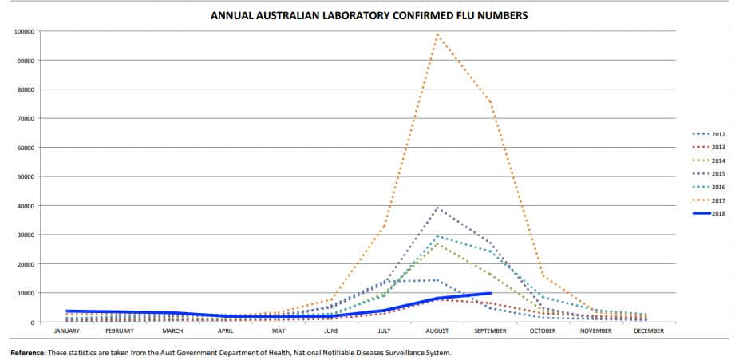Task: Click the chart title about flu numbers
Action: (x=369, y=15)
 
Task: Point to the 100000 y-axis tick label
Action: (x=23, y=31)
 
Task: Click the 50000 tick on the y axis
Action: (x=25, y=176)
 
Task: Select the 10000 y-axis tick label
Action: (x=25, y=293)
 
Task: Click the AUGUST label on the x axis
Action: (x=437, y=330)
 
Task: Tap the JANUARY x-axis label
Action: (x=66, y=330)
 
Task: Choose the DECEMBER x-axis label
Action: (x=650, y=330)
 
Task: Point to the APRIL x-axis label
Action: (x=225, y=330)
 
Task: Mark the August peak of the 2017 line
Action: (x=437, y=34)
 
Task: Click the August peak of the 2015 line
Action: (x=437, y=208)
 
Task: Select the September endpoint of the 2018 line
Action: (x=490, y=293)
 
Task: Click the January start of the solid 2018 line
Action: (x=66, y=311)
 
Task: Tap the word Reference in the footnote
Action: (x=28, y=352)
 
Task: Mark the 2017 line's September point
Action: (x=490, y=101)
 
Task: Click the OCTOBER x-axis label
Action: (x=543, y=330)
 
